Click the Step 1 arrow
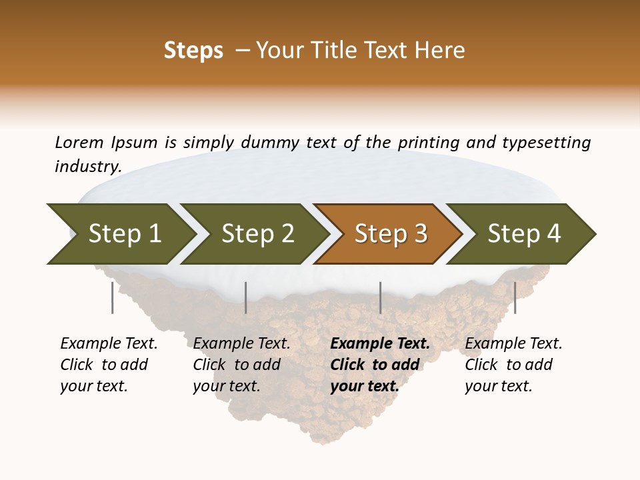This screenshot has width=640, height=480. (123, 234)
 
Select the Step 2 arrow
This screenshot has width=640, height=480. (257, 234)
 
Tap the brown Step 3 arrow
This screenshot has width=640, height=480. (390, 234)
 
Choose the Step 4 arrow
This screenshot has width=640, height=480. (523, 234)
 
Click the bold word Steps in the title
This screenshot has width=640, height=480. (193, 51)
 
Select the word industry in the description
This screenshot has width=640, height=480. (88, 166)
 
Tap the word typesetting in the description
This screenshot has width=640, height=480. (546, 143)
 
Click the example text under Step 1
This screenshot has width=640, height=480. (109, 365)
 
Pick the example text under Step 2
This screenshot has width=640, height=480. (241, 365)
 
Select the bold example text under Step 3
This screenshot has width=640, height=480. (380, 365)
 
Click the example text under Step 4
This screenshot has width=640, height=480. (513, 365)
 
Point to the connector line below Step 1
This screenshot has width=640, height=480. (112, 297)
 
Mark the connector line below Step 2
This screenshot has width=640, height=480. (246, 297)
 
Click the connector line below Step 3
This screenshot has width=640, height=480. (380, 297)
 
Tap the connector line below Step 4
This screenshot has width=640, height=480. (515, 297)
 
